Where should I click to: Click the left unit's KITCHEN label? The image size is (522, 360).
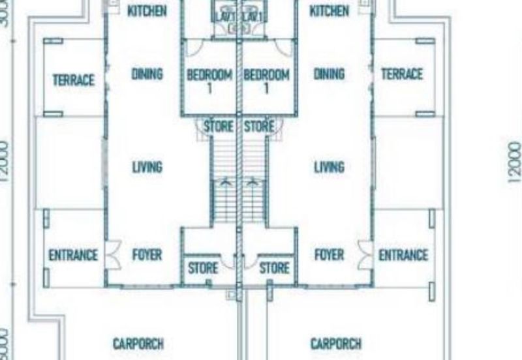(147, 11)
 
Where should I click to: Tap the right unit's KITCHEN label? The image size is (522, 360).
(329, 11)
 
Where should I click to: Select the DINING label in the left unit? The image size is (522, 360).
(147, 74)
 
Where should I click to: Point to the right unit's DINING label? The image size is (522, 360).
(329, 74)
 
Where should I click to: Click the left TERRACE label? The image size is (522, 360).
(74, 80)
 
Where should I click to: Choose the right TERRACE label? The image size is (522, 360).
(401, 74)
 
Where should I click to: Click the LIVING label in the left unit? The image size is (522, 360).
(147, 168)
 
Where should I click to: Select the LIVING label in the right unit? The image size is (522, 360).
(329, 168)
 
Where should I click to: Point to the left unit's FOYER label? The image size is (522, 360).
(147, 254)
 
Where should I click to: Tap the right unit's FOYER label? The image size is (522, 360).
(329, 254)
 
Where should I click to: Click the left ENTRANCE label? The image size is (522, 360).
(73, 255)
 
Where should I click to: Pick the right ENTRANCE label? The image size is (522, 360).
(403, 255)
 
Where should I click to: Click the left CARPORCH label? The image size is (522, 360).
(138, 344)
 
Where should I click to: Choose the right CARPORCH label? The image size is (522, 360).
(336, 344)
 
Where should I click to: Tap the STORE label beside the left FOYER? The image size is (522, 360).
(203, 267)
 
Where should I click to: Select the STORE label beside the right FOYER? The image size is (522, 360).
(274, 267)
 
